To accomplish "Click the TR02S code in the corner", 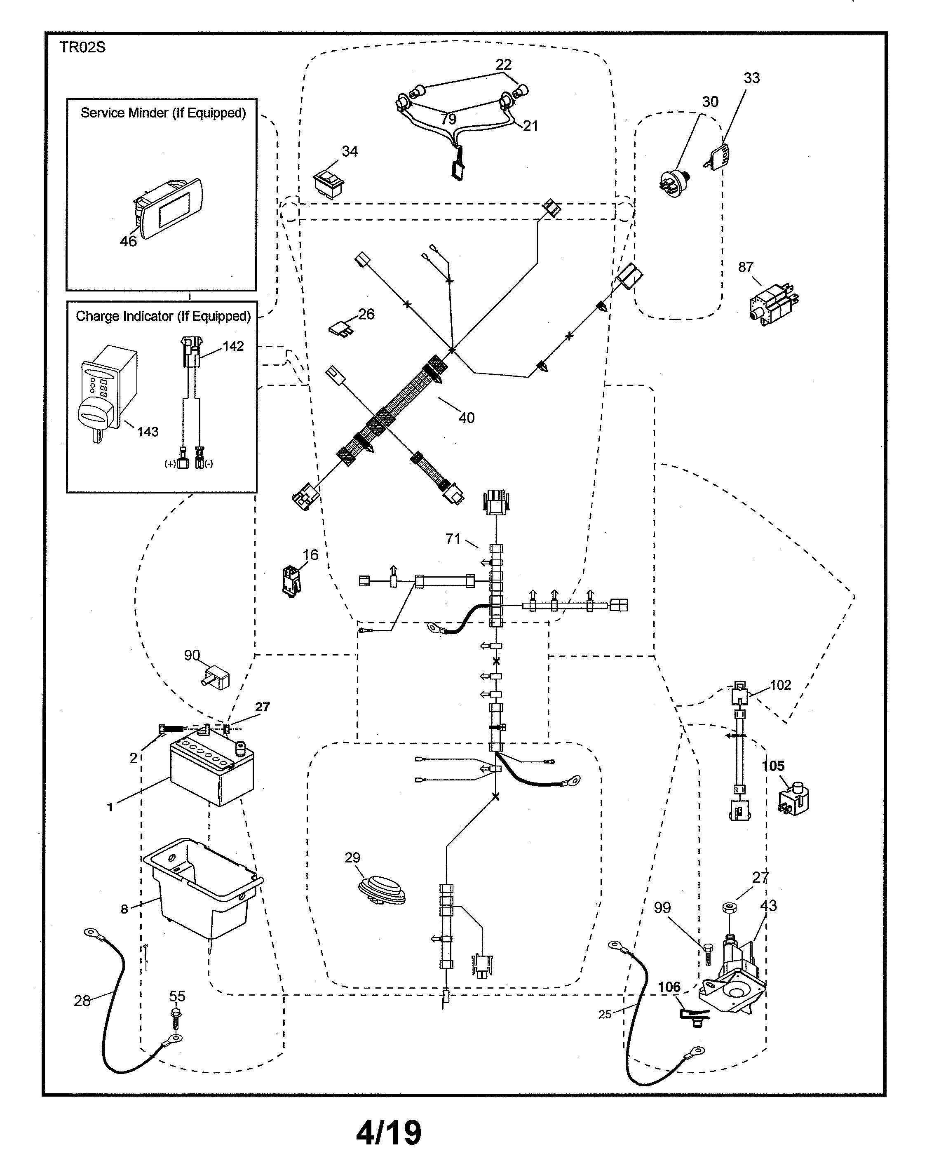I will coord(82,48).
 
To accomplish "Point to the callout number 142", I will coord(233,346).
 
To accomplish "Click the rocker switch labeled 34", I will coord(329,183).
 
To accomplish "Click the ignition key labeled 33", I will coord(719,156).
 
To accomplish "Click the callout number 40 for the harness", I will coord(466,418).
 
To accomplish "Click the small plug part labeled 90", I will coord(216,678).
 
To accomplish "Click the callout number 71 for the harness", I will coord(453,538).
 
